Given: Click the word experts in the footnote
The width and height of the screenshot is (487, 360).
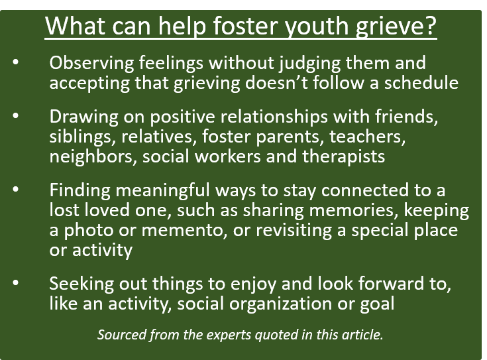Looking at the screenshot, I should [x=213, y=334].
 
